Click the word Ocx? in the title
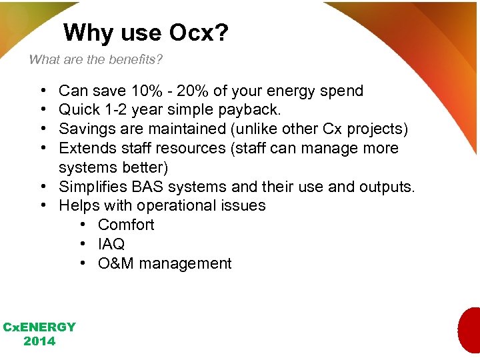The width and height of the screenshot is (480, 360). [x=199, y=33]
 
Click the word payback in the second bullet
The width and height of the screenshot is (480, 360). [x=249, y=109]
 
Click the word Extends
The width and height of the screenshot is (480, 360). [x=86, y=148]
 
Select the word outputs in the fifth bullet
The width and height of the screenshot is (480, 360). [x=385, y=186]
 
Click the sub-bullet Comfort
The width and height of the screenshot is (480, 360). [x=126, y=225]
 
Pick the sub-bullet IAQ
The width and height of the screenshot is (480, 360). [x=111, y=244]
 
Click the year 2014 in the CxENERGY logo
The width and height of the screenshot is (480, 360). [x=39, y=341]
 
